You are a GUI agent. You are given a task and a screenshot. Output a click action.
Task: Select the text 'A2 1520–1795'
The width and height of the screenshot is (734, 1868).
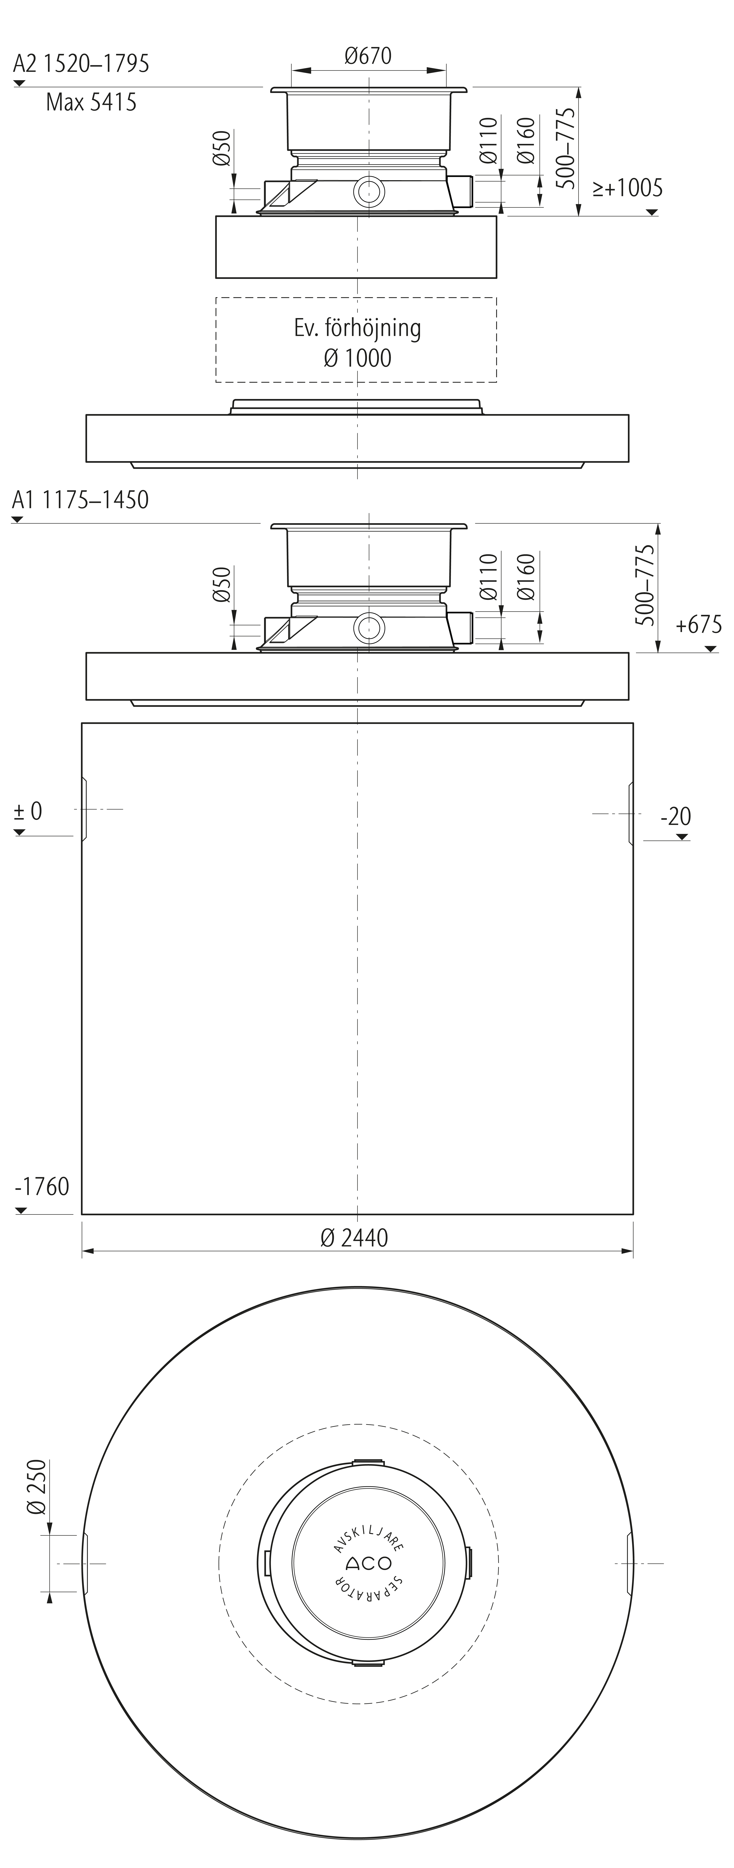pos(81,64)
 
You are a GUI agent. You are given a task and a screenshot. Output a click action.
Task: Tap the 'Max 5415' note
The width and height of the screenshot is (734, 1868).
pos(91,102)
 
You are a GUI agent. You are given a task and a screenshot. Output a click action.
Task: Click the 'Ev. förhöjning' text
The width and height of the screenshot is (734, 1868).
pos(358,328)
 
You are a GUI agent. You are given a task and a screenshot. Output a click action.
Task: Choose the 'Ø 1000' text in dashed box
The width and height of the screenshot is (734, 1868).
pos(358,358)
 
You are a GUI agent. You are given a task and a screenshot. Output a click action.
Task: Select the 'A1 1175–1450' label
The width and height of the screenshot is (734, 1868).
pos(81,500)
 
